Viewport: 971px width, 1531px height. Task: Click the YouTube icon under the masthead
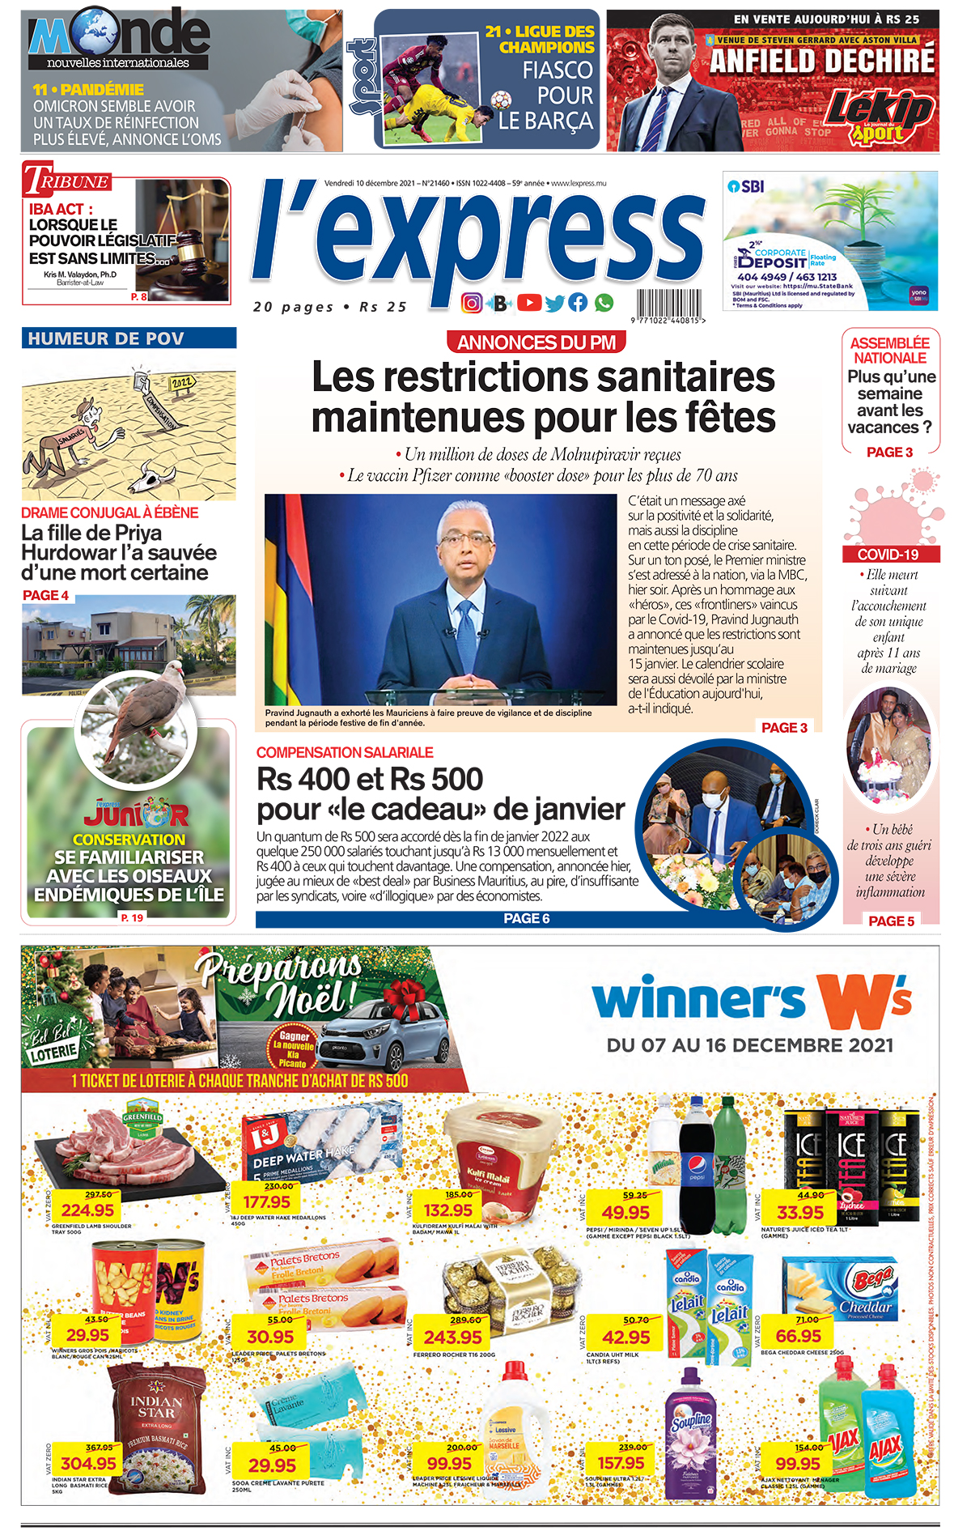click(528, 303)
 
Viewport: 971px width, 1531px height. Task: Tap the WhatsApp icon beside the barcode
click(604, 303)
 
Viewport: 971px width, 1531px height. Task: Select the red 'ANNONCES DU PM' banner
click(536, 342)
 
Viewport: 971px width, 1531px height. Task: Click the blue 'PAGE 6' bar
click(527, 918)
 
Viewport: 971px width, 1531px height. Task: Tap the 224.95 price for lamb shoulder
click(88, 1210)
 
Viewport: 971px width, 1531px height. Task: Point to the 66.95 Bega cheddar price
click(799, 1336)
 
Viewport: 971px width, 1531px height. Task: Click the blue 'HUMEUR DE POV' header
click(129, 338)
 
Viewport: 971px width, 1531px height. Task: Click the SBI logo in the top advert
click(745, 186)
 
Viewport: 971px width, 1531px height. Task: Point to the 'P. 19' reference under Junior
click(132, 917)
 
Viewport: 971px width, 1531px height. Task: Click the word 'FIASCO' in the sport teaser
click(558, 70)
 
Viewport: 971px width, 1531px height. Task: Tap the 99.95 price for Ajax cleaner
click(798, 1464)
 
